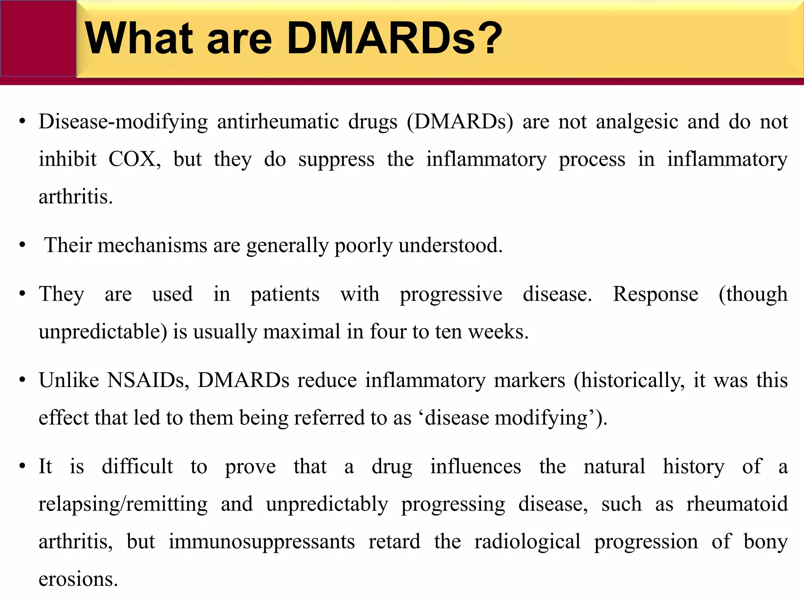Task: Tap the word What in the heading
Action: [139, 38]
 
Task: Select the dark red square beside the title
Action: [38, 38]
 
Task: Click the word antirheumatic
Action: [278, 122]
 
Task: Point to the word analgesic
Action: [637, 122]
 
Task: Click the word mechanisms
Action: [152, 245]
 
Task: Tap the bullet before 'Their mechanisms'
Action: [22, 245]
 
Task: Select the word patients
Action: [285, 294]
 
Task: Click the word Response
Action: [656, 294]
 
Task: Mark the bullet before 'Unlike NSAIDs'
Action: [22, 380]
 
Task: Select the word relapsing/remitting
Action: [123, 504]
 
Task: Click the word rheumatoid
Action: [737, 504]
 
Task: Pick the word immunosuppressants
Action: [262, 542]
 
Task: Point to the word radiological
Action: [527, 542]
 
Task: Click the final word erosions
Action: [78, 579]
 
